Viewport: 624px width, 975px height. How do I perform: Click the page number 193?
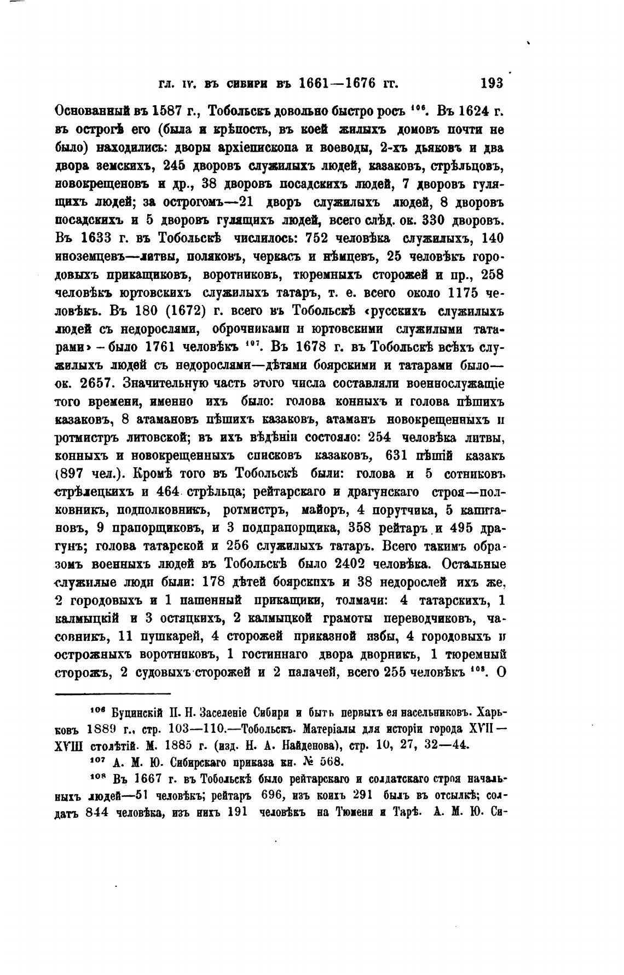click(x=491, y=83)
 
